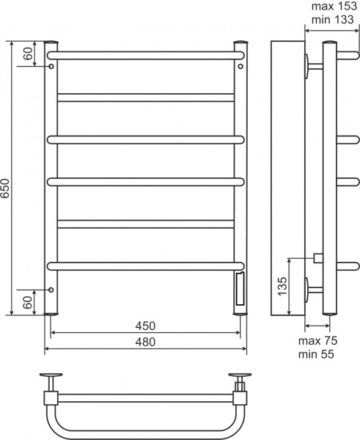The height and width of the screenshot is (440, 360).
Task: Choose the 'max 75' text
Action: click(x=319, y=341)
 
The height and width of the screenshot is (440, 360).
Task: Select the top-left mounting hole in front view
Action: click(x=51, y=67)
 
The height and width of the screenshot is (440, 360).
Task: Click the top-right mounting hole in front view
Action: click(x=240, y=67)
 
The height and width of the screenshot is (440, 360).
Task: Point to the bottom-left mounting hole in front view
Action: click(x=51, y=289)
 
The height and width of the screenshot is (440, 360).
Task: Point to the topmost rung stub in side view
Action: click(x=349, y=54)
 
